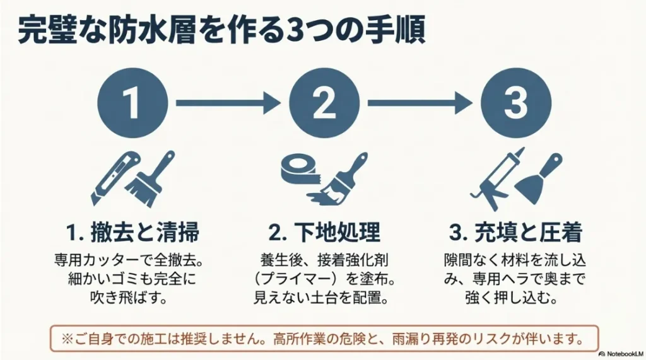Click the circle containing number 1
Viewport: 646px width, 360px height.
pyautogui.click(x=132, y=102)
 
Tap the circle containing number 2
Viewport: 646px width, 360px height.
pyautogui.click(x=324, y=102)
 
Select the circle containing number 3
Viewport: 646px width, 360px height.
pyautogui.click(x=515, y=102)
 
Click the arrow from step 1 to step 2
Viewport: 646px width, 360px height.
pyautogui.click(x=228, y=102)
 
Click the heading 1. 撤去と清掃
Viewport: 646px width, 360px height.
pyautogui.click(x=132, y=233)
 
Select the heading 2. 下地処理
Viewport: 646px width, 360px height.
pyautogui.click(x=324, y=233)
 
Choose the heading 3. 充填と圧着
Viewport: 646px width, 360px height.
pyautogui.click(x=515, y=233)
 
